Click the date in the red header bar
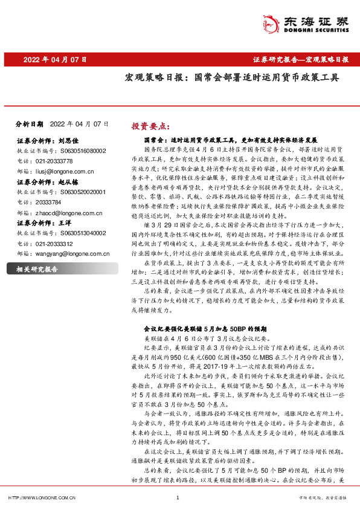(x=55, y=60)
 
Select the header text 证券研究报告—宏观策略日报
(x=300, y=60)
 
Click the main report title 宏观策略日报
(x=231, y=78)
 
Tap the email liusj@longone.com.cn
(x=65, y=172)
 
